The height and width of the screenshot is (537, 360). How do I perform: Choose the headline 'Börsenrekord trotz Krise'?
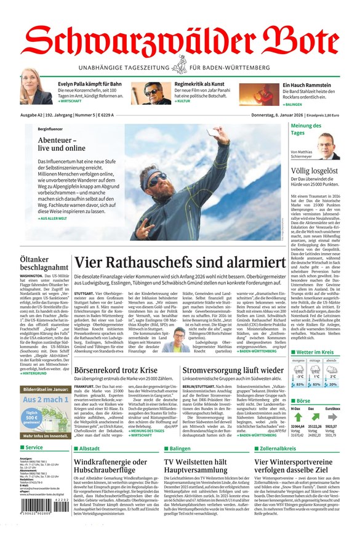coord(116,370)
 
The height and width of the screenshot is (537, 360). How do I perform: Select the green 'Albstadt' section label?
coord(89,448)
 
